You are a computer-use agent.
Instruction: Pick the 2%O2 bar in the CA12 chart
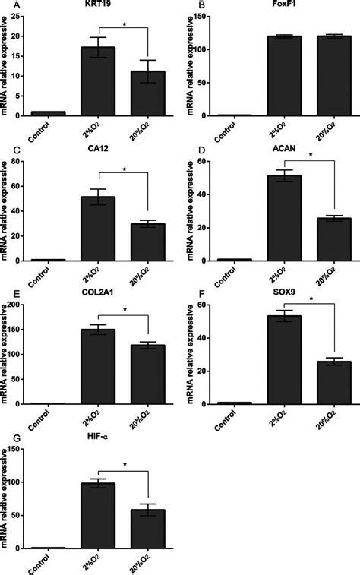click(99, 229)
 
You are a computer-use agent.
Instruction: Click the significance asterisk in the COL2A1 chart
click(124, 309)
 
